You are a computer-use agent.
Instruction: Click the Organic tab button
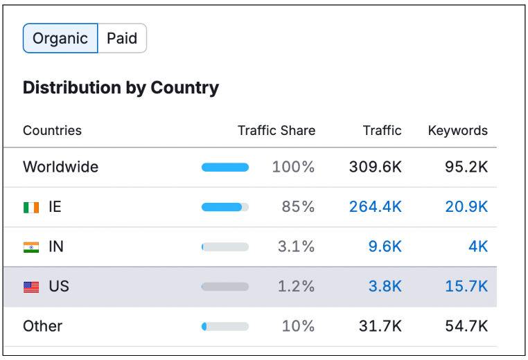pos(60,39)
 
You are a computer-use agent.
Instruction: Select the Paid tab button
pos(122,39)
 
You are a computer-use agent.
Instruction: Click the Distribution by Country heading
pos(121,88)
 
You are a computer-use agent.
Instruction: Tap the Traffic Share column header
pos(276,131)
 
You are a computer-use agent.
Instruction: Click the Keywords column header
pos(457,131)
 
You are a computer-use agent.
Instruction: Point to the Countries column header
pos(52,131)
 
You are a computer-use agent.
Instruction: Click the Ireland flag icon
pos(31,207)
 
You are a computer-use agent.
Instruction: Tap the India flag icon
pos(31,246)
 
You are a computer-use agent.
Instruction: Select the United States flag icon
pos(31,287)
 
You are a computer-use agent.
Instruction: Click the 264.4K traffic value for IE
pos(375,207)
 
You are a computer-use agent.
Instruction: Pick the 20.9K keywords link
pos(466,207)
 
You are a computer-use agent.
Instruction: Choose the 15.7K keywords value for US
pos(466,287)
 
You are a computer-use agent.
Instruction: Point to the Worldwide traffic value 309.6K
pos(375,167)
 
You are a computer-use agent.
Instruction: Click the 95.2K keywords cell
pos(466,167)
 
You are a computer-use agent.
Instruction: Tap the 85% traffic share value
pos(298,207)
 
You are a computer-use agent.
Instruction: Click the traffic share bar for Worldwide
pos(225,167)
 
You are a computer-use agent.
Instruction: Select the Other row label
pos(42,326)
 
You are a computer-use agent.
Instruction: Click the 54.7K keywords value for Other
pos(466,326)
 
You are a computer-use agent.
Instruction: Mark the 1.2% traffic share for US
pos(296,287)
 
